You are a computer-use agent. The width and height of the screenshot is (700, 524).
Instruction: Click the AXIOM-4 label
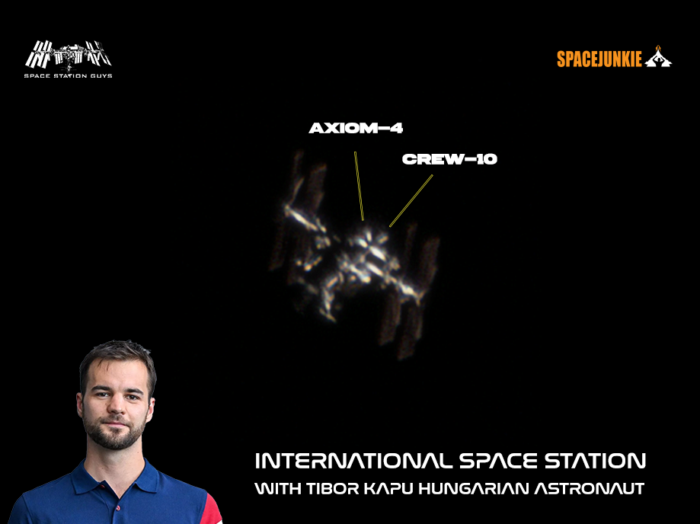tap(356, 128)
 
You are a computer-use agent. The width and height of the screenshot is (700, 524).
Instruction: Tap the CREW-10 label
tap(449, 159)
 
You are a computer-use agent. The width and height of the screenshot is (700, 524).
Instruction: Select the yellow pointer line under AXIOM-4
tap(359, 186)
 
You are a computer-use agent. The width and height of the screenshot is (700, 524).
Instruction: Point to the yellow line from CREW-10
tap(411, 201)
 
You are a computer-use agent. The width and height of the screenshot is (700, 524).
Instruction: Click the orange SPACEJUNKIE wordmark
tap(599, 59)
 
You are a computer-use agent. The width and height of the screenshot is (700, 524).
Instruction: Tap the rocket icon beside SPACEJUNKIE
tap(658, 56)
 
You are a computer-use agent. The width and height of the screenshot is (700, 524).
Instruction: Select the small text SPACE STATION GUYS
tap(68, 76)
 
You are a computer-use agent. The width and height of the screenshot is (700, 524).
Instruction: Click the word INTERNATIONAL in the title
tap(353, 461)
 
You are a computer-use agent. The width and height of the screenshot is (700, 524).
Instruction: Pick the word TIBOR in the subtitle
tap(333, 488)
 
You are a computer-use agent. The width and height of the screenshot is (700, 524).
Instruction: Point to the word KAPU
tap(389, 488)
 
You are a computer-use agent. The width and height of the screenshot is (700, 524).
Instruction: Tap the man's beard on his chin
tap(115, 439)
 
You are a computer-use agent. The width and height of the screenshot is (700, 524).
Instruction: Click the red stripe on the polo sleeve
tap(213, 510)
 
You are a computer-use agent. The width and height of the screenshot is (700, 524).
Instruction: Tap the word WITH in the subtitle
tap(278, 488)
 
